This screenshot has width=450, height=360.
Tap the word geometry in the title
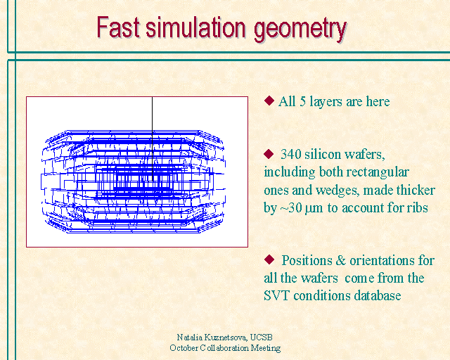(x=300, y=30)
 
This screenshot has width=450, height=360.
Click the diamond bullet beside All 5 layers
(x=269, y=101)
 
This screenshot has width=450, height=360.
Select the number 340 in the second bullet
(x=290, y=155)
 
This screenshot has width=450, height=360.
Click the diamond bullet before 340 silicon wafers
(x=269, y=153)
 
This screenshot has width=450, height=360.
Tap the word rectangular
(x=378, y=173)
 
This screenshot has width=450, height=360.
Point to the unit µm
(x=314, y=209)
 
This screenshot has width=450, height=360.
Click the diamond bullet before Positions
(x=269, y=259)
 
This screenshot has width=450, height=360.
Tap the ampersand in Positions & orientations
(x=340, y=261)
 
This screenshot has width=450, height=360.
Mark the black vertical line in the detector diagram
(x=152, y=139)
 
